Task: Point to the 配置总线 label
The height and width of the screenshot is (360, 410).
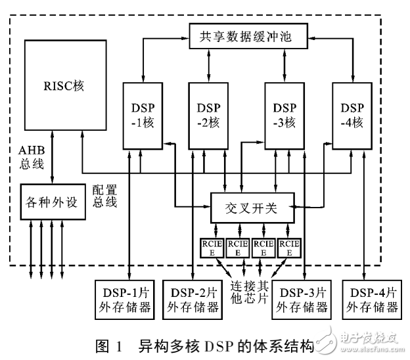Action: (105, 195)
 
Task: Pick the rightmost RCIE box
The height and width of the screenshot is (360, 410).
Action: (289, 248)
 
